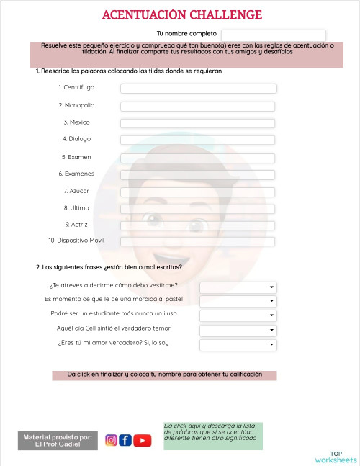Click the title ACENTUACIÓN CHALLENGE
click(182, 15)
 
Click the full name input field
click(273, 35)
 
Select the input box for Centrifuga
click(198, 89)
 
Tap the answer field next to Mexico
click(198, 123)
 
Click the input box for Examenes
click(198, 175)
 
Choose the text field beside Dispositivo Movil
click(198, 241)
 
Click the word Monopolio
click(76, 105)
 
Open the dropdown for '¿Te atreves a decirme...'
click(238, 287)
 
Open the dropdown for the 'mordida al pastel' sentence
click(238, 301)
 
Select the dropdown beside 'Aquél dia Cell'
click(238, 330)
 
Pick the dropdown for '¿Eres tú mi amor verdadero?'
click(238, 344)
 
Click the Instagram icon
click(112, 440)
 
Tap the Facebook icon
click(125, 440)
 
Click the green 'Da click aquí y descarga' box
click(213, 436)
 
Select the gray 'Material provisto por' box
click(58, 441)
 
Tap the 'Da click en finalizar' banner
click(164, 375)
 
